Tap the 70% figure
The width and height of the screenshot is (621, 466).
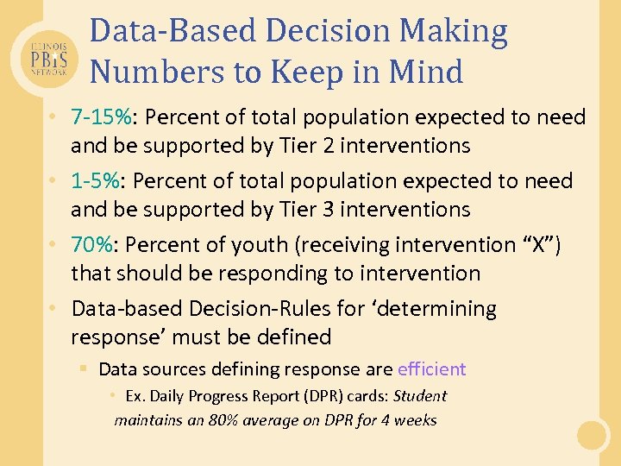pos(91,245)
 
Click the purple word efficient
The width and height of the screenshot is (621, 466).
pos(431,369)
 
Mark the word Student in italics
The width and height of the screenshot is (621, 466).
pos(420,396)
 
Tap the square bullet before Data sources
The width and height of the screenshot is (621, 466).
pos(83,369)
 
